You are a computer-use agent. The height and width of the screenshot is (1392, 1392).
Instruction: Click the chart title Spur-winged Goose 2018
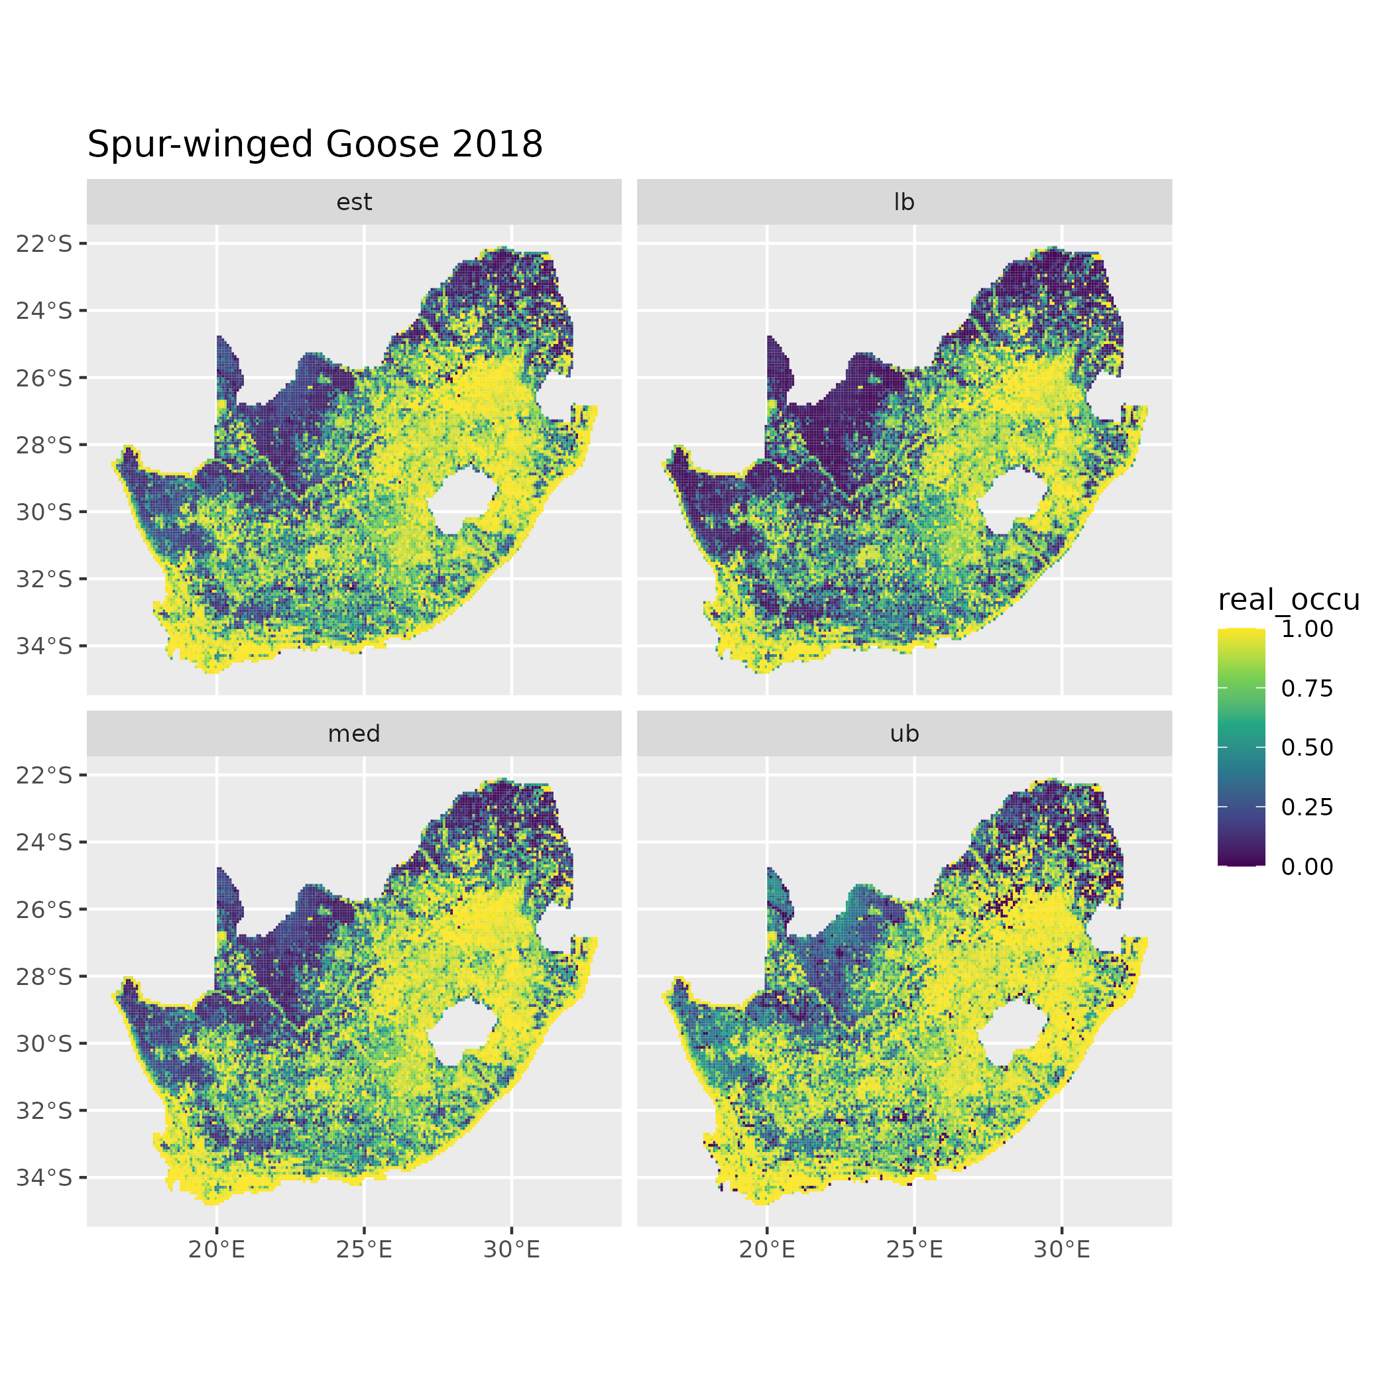315,144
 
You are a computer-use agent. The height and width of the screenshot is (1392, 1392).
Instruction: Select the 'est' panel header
354,202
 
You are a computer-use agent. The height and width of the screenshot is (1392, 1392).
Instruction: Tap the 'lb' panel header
904,202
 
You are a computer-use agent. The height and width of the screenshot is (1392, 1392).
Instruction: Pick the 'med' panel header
354,734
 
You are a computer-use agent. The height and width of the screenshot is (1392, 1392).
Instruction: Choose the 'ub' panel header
904,734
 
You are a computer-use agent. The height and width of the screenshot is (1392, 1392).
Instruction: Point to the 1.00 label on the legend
1307,629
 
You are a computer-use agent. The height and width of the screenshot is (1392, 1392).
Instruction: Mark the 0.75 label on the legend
1307,689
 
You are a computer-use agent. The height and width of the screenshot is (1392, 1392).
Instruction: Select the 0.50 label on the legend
1307,748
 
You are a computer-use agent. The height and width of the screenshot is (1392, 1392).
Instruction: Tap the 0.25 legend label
1307,807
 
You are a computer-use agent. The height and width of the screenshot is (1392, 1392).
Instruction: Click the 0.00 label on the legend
1307,867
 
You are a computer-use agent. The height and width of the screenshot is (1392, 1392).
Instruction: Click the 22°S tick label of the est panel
44,244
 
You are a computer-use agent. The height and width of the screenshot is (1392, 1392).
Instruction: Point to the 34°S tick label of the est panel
44,646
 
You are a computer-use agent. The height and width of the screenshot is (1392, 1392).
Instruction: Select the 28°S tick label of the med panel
44,976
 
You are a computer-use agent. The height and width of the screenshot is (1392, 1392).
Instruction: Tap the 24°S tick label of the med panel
44,842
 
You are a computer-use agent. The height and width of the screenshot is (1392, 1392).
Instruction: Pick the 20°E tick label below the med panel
217,1250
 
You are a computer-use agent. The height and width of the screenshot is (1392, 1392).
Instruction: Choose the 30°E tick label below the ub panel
1062,1250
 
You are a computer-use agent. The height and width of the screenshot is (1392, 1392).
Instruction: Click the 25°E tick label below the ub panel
914,1250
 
